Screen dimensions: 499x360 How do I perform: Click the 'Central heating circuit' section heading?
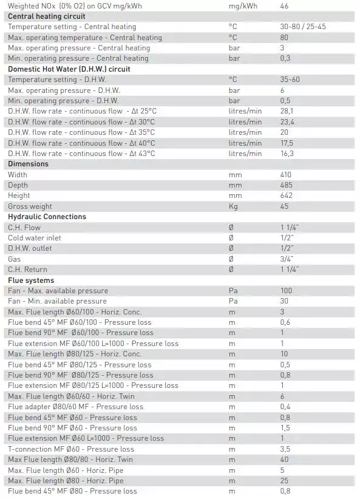(x=46, y=16)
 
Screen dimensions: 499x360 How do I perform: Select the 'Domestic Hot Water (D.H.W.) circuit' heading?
(x=69, y=69)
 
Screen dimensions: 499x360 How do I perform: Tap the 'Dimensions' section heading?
(x=28, y=164)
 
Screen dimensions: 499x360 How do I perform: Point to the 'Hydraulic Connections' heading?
(x=47, y=217)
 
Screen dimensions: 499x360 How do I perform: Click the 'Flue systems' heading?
(x=31, y=280)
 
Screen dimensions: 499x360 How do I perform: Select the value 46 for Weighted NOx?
(x=285, y=5)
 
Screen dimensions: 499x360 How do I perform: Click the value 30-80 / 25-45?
(x=302, y=27)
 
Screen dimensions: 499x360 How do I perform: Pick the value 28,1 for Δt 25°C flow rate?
(x=287, y=111)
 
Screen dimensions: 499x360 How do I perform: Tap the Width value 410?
(x=286, y=175)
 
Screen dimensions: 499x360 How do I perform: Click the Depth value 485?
(x=286, y=185)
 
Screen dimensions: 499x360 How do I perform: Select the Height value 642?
(x=286, y=195)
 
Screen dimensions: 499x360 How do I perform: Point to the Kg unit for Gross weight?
(x=233, y=206)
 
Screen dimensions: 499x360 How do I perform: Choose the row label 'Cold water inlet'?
(x=35, y=238)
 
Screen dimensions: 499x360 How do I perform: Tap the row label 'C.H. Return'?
(x=27, y=270)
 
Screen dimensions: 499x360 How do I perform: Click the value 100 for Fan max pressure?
(x=286, y=291)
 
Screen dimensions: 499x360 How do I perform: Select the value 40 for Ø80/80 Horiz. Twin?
(x=285, y=460)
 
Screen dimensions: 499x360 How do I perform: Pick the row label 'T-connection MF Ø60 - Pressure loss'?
(x=71, y=449)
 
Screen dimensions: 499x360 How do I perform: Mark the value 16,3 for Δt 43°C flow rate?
(x=287, y=154)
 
